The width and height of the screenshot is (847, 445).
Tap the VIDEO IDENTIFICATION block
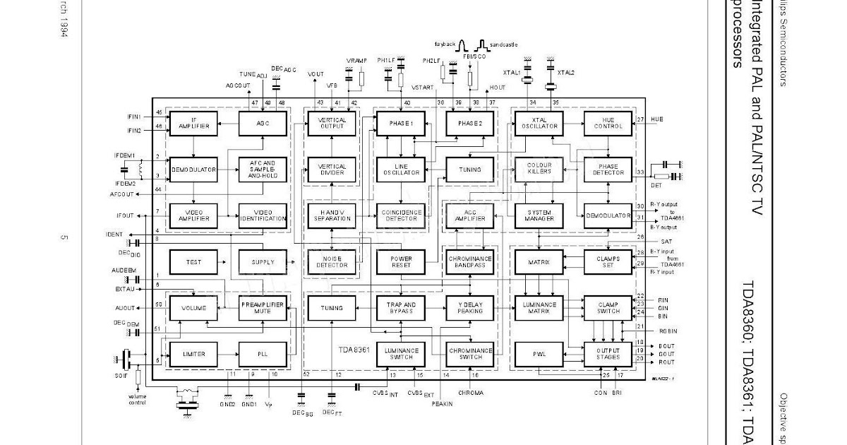pos(262,215)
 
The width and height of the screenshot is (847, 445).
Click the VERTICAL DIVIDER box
pos(332,170)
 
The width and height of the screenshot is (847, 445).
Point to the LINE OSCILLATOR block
pos(400,170)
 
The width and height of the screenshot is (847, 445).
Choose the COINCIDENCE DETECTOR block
pos(400,215)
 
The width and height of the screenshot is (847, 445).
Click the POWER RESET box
pos(400,262)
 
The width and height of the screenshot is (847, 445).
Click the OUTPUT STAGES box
pos(608,353)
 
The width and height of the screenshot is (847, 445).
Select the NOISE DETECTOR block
pos(332,262)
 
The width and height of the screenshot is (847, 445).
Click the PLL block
pos(262,353)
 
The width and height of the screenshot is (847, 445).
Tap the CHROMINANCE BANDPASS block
pos(469,262)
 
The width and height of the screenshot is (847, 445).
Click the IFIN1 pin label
pos(134,116)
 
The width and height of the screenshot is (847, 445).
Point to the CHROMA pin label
pos(470,392)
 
